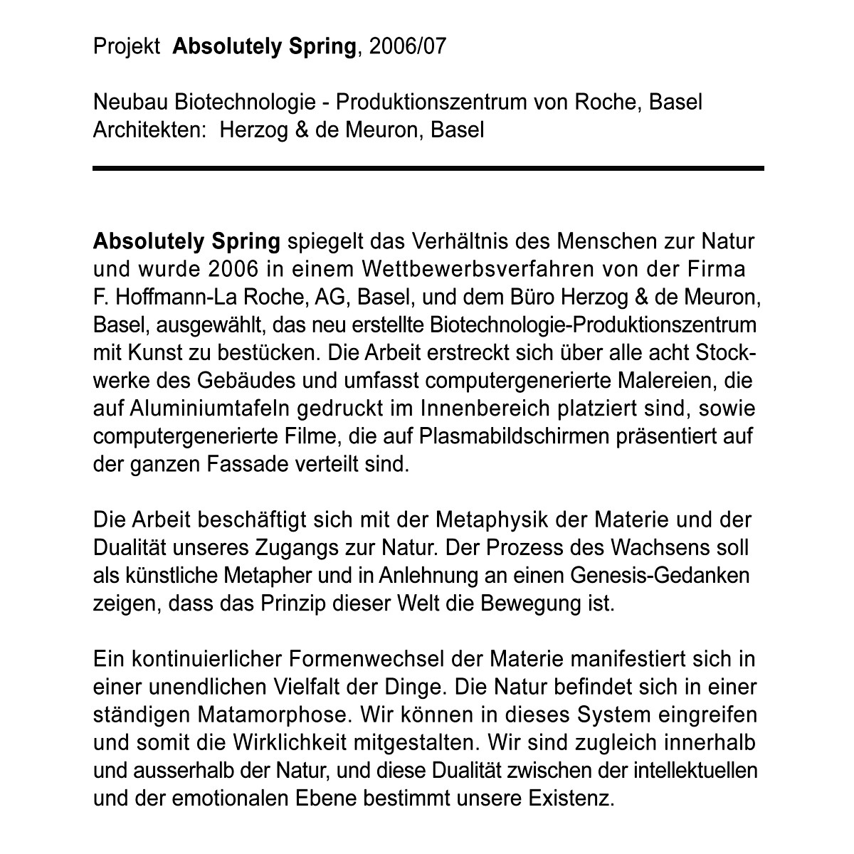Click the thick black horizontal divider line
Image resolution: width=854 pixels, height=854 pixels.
428,169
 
